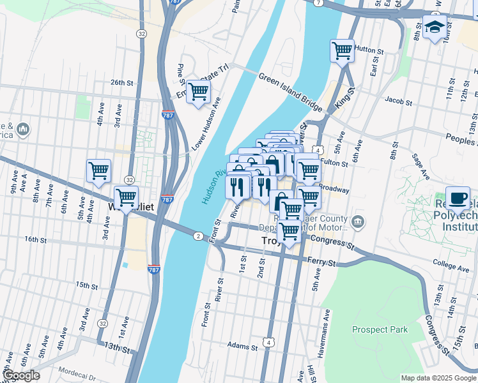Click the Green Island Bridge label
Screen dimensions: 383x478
pos(291,95)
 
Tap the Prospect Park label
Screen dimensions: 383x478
pos(380,329)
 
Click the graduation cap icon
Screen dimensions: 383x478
pos(434,27)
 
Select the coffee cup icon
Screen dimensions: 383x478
pos(458,198)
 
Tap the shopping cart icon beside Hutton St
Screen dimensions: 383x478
pos(342,50)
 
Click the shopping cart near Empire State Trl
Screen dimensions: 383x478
pos(198,91)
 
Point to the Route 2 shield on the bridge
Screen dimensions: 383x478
pos(198,236)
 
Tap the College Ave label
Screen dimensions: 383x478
pos(451,262)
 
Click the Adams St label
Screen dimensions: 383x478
pos(245,348)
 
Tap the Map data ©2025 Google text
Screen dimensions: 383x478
pos(438,378)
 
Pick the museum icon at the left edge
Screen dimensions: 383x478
pos(24,130)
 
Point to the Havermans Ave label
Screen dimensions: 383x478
pos(327,324)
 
